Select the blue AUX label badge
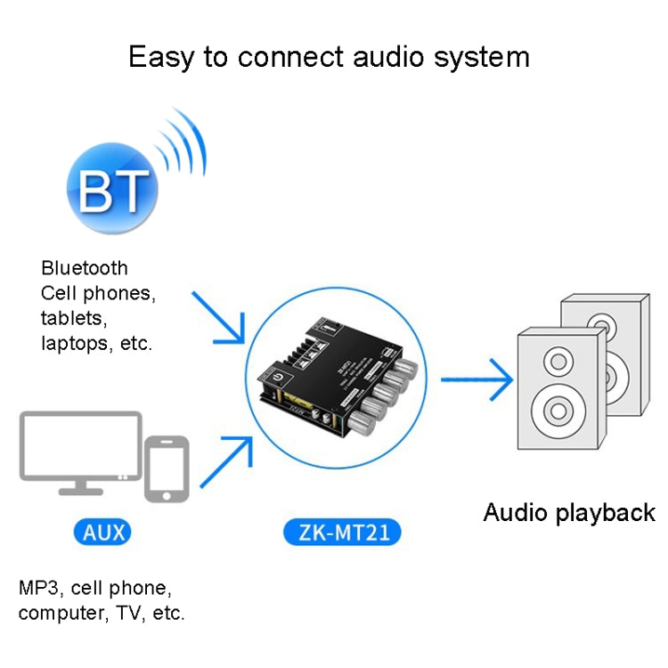104,533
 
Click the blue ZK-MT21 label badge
342,533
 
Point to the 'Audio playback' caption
568,513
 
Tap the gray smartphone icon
167,468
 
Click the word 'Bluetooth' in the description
85,268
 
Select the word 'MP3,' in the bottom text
41,588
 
